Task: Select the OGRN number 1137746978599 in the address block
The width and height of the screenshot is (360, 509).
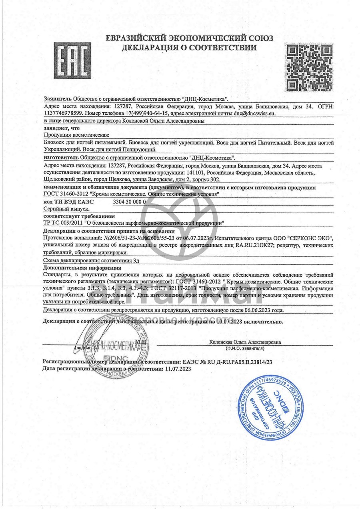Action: tap(62, 113)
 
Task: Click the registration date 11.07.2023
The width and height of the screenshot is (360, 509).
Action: tap(178, 369)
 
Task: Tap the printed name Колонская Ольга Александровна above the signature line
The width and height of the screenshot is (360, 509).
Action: tap(245, 342)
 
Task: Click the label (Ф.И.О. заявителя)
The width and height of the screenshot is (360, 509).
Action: tap(244, 349)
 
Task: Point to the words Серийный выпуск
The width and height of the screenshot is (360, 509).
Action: tap(66, 209)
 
